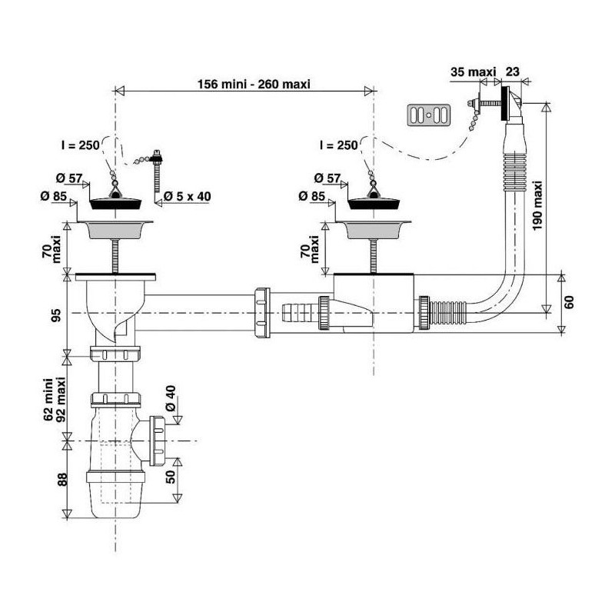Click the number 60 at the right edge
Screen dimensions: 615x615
570,301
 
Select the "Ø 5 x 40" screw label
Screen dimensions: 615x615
188,197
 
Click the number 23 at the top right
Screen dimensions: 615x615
513,71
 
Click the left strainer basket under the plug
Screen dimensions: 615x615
116,228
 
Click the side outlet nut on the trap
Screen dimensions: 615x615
158,440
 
